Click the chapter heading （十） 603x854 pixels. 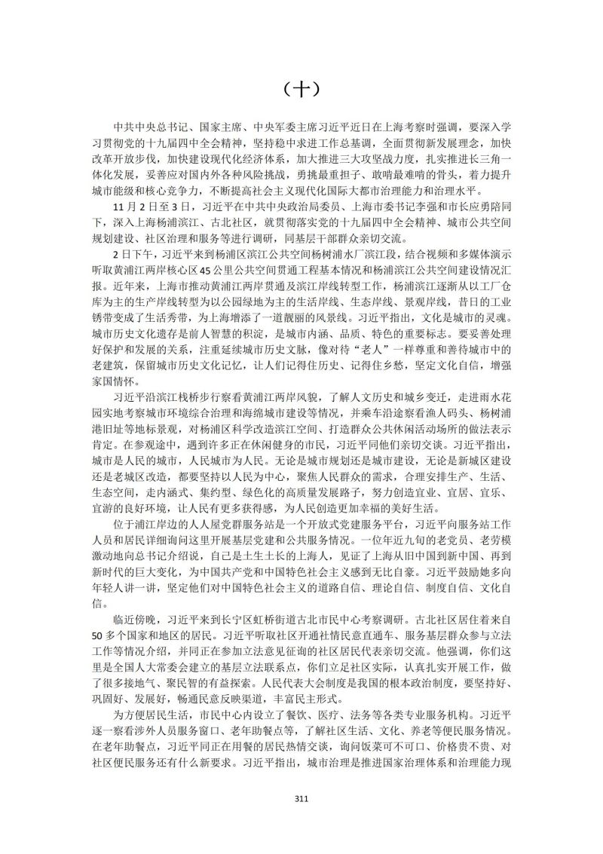tap(301, 90)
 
